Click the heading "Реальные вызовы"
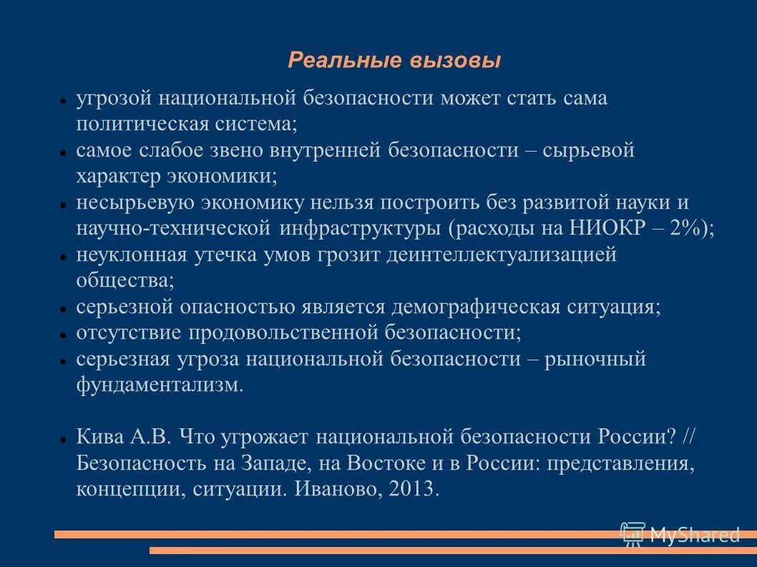pos(394,60)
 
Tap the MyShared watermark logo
pos(679,534)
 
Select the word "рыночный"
pos(596,358)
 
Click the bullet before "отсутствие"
pos(63,334)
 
